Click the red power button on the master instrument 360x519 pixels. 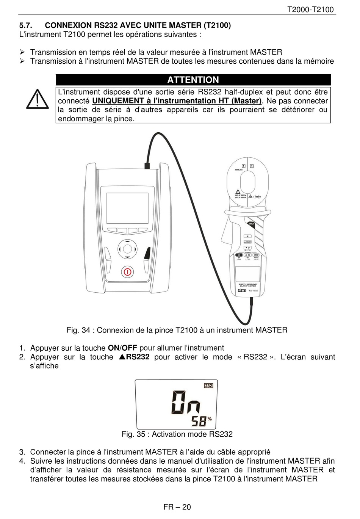[x=128, y=272]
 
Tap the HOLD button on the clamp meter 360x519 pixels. [x=251, y=224]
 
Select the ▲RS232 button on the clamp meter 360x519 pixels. [x=247, y=241]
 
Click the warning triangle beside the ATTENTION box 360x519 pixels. [x=37, y=99]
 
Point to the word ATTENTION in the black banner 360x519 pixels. [x=193, y=80]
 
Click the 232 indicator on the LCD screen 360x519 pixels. [x=208, y=386]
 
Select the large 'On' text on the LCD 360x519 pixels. [x=186, y=403]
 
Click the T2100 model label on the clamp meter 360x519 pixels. [x=253, y=290]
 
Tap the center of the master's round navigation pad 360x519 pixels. [x=127, y=249]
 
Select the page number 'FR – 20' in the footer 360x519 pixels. [x=177, y=507]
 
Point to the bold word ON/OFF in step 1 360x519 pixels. [x=122, y=348]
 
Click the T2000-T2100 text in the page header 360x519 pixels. [x=311, y=9]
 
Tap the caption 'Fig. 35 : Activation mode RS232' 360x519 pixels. [x=177, y=434]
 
